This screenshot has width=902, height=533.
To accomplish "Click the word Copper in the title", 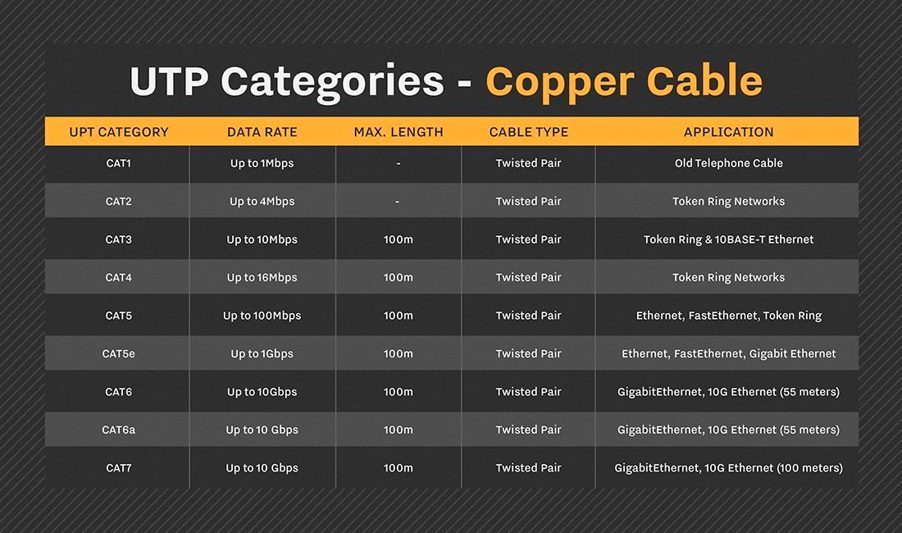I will coord(558,81).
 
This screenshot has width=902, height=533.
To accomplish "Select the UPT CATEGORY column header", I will coord(119,132).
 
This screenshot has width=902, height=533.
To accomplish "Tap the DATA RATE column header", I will coord(262,132).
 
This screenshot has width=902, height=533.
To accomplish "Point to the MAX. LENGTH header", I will coord(399,132).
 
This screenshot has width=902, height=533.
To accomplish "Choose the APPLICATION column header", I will coord(728,132).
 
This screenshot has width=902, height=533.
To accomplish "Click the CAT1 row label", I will coord(119,163).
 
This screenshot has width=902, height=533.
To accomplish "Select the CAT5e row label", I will coord(119,353).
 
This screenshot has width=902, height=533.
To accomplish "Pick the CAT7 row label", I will coord(119,468).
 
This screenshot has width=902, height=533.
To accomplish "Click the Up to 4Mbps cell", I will coord(262,201).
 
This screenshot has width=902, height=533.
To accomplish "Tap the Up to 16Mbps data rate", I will coord(262,277).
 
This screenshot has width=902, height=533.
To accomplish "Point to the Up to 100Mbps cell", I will coord(262,316).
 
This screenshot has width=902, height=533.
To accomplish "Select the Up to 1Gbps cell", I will coord(262,353).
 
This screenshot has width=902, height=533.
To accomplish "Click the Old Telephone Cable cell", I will coord(728,163).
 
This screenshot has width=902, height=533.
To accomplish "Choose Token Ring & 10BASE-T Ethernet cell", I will coord(728,239).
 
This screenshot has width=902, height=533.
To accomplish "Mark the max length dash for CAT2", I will coord(399,201).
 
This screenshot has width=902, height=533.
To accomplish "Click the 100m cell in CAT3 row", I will coord(399,239).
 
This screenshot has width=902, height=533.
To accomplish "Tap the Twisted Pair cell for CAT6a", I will coord(529,430).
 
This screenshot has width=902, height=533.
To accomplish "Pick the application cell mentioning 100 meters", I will coord(728,468).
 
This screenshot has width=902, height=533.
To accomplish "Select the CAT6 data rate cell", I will coord(262,392).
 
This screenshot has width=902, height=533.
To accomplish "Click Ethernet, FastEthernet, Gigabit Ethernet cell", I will coord(728,353).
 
